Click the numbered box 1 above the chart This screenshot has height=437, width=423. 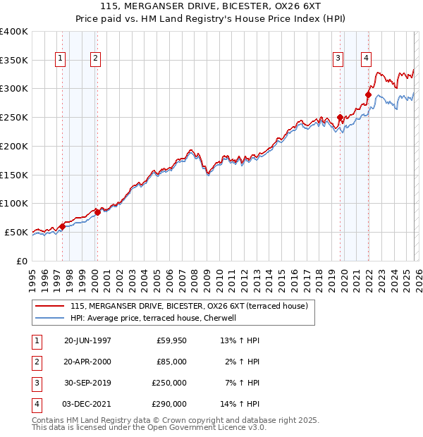point(60,59)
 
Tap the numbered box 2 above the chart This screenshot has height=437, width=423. point(94,59)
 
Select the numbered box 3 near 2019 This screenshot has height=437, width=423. point(338,59)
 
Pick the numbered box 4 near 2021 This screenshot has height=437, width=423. point(366,59)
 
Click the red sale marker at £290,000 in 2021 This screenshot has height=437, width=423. point(368,94)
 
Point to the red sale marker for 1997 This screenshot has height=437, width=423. point(62,226)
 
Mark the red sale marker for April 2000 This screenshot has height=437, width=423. point(97,211)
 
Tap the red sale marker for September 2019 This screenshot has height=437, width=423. point(341,117)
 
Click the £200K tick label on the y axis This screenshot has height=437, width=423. point(14,146)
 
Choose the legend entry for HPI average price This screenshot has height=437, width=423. point(156,318)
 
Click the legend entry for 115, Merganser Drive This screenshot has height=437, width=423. point(188,306)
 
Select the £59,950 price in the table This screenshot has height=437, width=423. point(171,340)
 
